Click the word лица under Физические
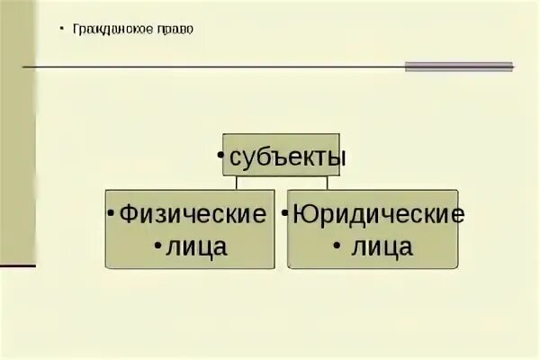(x=195, y=247)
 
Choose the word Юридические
(x=378, y=215)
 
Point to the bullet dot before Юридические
(x=283, y=215)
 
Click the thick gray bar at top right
(x=458, y=66)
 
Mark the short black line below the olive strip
(x=18, y=265)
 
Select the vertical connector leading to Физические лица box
(x=237, y=184)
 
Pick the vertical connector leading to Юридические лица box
(x=327, y=184)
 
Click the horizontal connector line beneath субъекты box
(x=282, y=178)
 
